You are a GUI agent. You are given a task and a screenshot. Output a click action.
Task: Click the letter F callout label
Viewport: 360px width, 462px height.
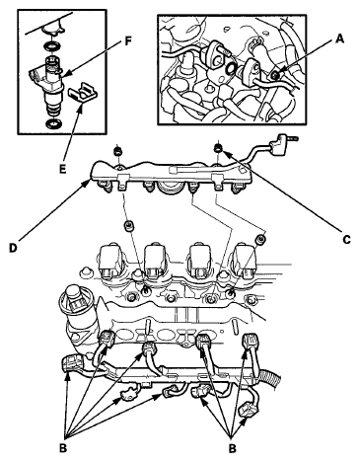click(x=127, y=40)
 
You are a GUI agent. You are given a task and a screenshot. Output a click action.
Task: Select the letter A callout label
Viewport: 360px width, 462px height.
click(x=339, y=39)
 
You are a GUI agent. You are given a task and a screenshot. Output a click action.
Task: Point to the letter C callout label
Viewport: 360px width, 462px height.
click(x=346, y=240)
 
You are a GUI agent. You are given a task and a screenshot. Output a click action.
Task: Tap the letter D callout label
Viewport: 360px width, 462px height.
click(x=13, y=248)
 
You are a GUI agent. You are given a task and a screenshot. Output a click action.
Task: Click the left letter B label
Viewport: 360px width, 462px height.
click(x=63, y=448)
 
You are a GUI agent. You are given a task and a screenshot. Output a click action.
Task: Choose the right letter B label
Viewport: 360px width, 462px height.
click(x=233, y=448)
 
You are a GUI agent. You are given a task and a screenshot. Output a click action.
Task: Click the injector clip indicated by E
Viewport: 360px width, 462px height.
click(x=83, y=93)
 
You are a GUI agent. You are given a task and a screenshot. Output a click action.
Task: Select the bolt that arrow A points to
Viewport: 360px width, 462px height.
click(x=275, y=76)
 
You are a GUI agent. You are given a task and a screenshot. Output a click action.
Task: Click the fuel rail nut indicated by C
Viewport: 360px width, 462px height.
click(x=218, y=147)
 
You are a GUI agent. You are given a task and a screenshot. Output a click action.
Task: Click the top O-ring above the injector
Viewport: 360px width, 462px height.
click(x=51, y=46)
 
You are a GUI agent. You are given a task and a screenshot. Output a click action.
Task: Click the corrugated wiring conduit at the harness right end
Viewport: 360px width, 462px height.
click(x=270, y=378)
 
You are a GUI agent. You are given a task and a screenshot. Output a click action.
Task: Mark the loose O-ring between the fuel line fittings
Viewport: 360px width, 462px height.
click(x=232, y=68)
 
